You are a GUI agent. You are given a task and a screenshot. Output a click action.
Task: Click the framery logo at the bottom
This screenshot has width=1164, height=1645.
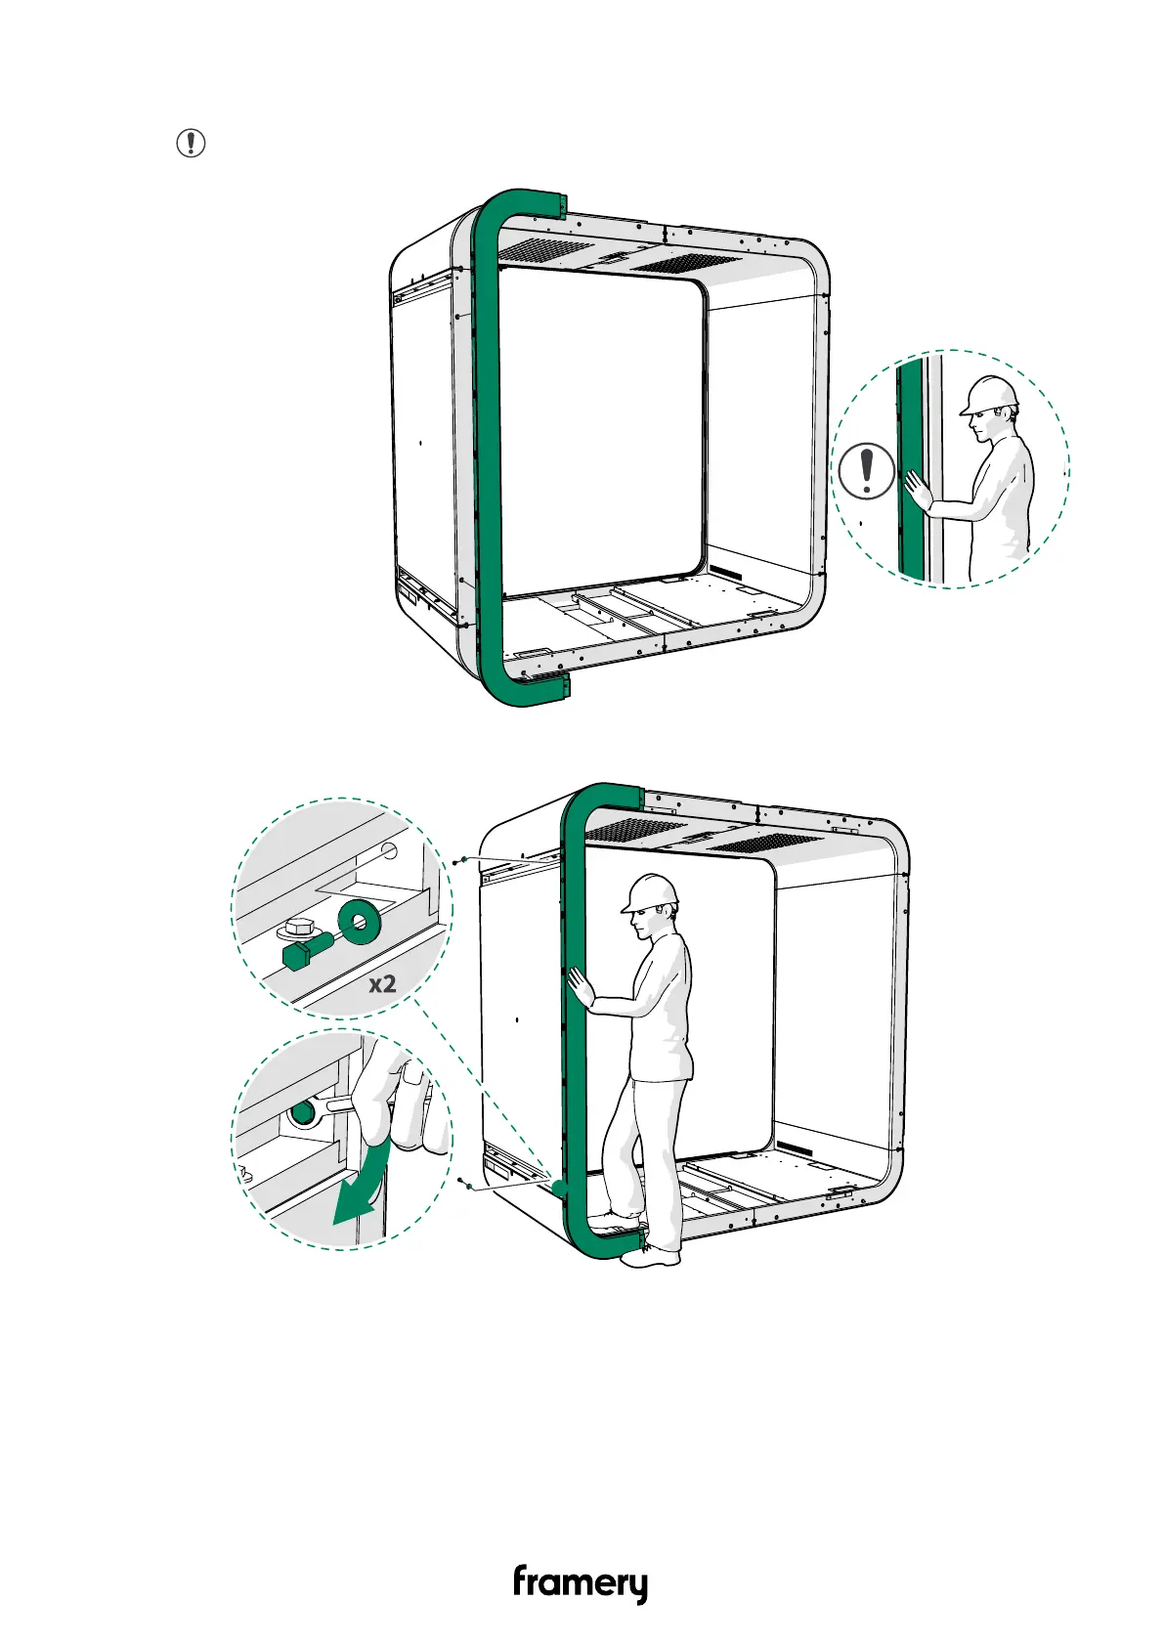click(x=581, y=1583)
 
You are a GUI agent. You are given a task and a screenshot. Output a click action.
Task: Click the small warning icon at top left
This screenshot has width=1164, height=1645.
click(x=191, y=143)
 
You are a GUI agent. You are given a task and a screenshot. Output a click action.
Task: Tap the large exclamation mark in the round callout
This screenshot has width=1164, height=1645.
click(x=866, y=470)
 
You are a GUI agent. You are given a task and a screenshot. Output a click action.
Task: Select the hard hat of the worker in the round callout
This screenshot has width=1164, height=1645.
click(x=991, y=394)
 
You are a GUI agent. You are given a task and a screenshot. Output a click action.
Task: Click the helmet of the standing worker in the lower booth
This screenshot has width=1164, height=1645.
click(x=651, y=891)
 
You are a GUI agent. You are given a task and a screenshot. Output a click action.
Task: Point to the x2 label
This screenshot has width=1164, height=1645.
click(x=382, y=983)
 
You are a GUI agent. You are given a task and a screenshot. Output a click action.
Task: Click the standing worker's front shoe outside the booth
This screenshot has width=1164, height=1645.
click(x=650, y=1258)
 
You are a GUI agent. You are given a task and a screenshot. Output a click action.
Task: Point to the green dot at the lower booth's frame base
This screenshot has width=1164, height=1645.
click(x=558, y=1188)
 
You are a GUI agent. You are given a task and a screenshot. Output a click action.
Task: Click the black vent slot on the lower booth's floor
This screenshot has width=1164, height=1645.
click(x=797, y=1148)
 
